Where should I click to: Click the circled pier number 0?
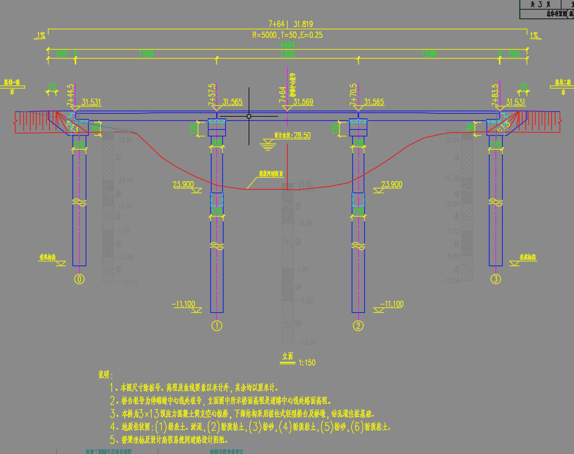(x=79, y=279)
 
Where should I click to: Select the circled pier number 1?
(x=217, y=326)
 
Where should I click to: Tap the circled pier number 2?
(x=358, y=326)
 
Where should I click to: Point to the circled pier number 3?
(x=496, y=279)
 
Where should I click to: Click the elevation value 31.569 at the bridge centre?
(x=304, y=102)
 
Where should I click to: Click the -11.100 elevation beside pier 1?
(x=183, y=304)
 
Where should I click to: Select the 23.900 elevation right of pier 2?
(x=391, y=185)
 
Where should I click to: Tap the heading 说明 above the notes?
(x=105, y=375)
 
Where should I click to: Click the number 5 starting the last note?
(x=112, y=438)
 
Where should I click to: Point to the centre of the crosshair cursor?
(x=249, y=116)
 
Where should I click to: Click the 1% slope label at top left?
(x=41, y=36)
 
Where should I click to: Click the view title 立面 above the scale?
(x=288, y=356)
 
